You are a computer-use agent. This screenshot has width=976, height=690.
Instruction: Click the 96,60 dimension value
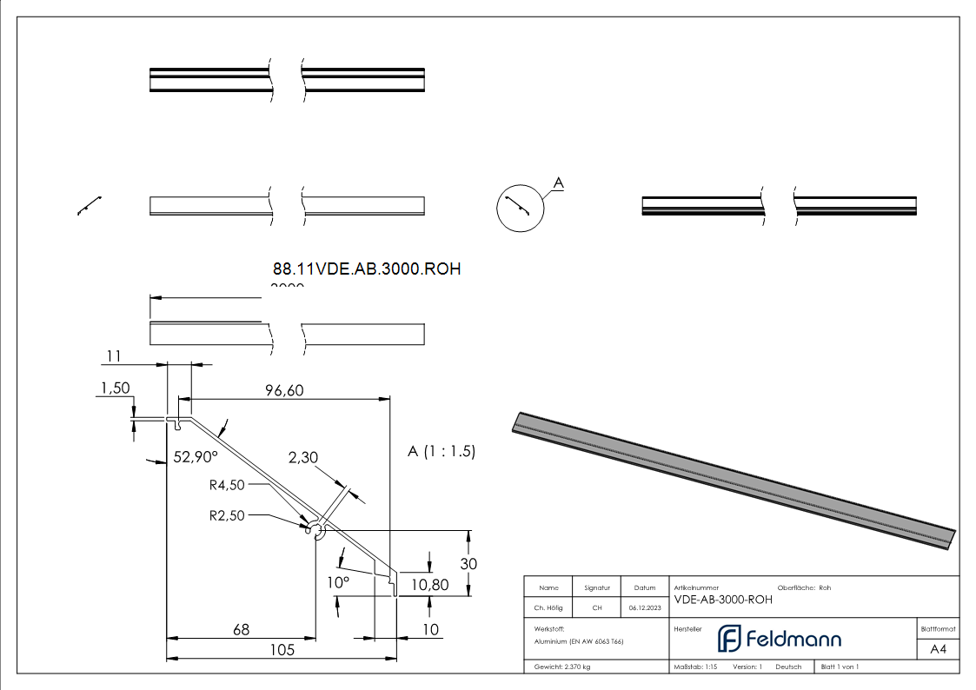pos(284,391)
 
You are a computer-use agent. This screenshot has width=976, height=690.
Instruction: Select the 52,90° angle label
pos(196,456)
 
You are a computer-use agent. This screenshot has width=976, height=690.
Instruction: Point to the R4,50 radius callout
pos(227,485)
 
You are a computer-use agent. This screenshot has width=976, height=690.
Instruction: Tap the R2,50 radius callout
pos(227,514)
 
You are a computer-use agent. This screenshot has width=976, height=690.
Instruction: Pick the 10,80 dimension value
pos(429,585)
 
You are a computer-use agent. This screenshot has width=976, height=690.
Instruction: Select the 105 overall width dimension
pos(282,649)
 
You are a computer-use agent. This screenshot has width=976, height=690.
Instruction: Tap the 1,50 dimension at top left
pos(115,388)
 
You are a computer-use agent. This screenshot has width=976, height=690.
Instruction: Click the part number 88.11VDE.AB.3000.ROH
pos(366,269)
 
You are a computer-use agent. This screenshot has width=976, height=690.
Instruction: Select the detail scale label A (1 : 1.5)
pos(442,452)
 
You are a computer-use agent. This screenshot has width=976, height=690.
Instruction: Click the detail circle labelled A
pos(520,208)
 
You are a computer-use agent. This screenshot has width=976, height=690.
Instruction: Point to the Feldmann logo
pos(780,639)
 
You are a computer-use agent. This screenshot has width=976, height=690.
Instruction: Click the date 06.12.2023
pos(645,608)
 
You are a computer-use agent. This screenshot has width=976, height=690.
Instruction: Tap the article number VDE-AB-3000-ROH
pos(723,600)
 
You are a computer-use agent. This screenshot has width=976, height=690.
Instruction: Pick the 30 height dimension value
pos(468,563)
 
